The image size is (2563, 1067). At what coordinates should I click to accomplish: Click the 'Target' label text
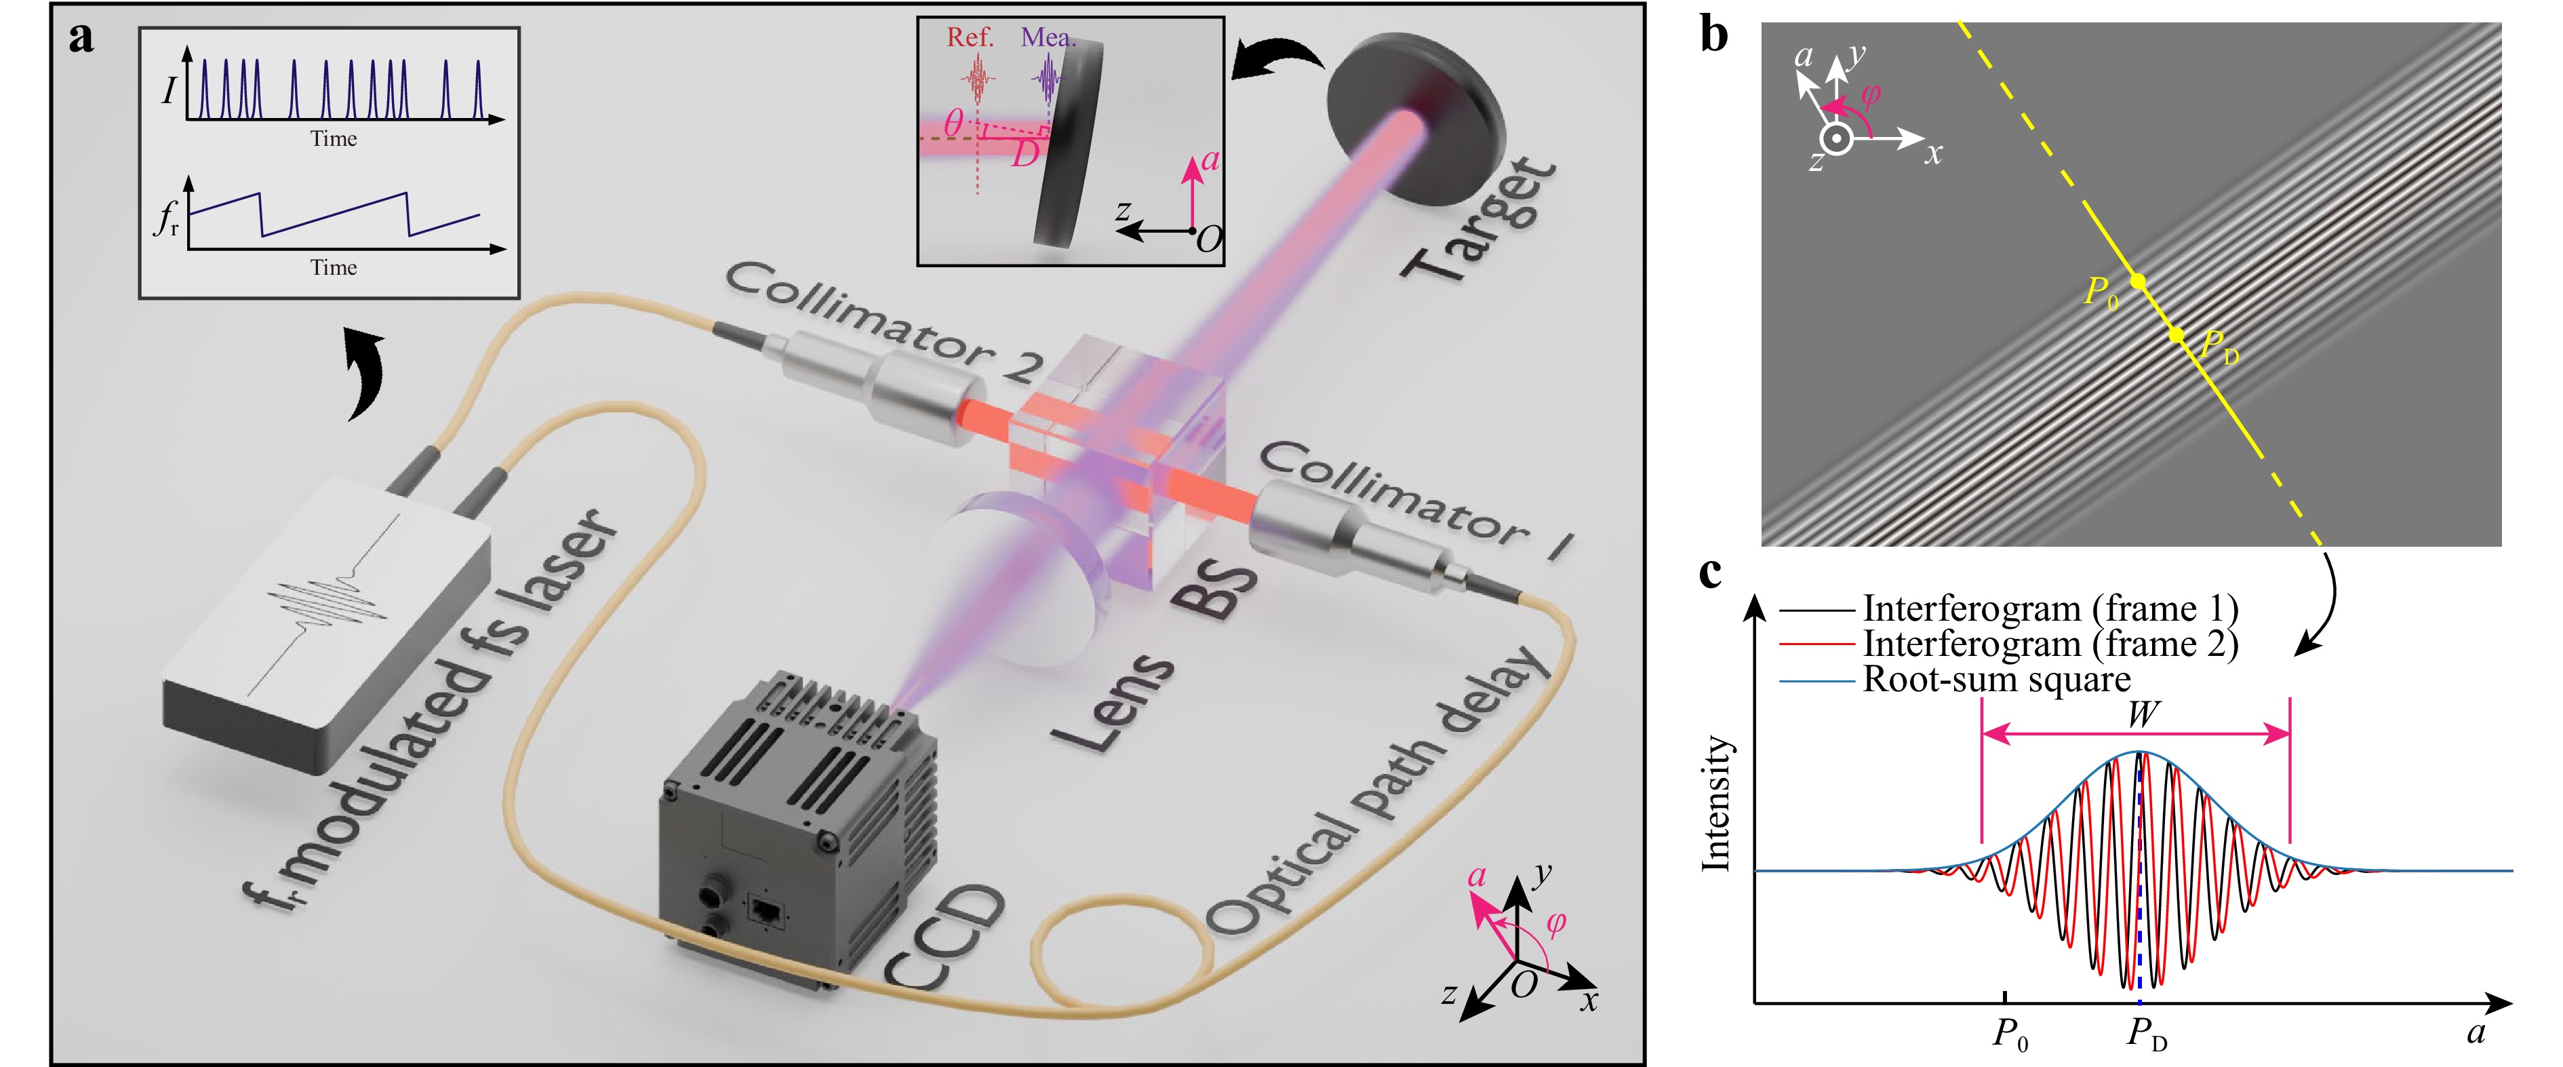(x=1480, y=221)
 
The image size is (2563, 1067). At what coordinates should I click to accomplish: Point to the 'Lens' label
(x=1113, y=701)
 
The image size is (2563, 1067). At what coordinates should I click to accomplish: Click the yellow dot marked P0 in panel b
(x=2137, y=283)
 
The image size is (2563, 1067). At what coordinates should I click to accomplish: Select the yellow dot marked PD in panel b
(x=2177, y=336)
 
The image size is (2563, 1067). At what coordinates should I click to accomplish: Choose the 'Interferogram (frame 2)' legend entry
(x=2050, y=644)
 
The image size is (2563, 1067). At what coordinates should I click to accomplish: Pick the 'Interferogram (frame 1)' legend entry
(x=2050, y=608)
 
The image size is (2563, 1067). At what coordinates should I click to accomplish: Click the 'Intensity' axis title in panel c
(x=1716, y=804)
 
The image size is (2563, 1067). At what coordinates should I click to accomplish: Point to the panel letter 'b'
(x=1713, y=36)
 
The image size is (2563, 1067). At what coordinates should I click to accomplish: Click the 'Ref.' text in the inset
(x=970, y=38)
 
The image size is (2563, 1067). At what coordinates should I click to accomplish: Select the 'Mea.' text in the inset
(x=1048, y=38)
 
